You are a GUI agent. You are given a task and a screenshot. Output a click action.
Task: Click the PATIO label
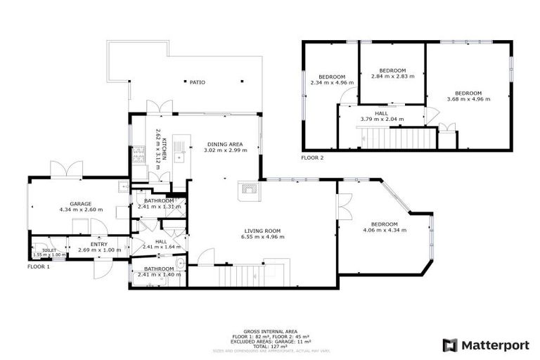pyautogui.click(x=197, y=82)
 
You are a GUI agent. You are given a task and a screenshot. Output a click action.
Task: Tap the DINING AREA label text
pyautogui.click(x=226, y=144)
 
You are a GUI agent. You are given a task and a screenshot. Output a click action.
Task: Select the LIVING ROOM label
pyautogui.click(x=262, y=231)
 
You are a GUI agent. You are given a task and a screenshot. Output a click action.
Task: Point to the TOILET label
pyautogui.click(x=49, y=250)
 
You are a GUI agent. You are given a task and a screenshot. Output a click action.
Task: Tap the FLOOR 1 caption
pyautogui.click(x=39, y=267)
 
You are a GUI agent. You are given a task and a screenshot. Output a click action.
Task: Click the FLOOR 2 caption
pyautogui.click(x=312, y=157)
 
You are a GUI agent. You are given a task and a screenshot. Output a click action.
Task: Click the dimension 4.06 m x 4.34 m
pyautogui.click(x=385, y=230)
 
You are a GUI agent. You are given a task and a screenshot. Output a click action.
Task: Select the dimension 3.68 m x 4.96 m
pyautogui.click(x=468, y=99)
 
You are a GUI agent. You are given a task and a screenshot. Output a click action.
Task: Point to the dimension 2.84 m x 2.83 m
pyautogui.click(x=393, y=76)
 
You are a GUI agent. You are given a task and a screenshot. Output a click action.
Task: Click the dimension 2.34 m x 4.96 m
pyautogui.click(x=332, y=82)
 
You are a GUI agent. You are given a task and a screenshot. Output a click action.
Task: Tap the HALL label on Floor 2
pyautogui.click(x=381, y=113)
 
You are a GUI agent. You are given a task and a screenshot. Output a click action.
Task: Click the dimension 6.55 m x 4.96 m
pyautogui.click(x=262, y=237)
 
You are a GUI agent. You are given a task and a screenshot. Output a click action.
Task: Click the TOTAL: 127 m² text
pyautogui.click(x=270, y=346)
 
